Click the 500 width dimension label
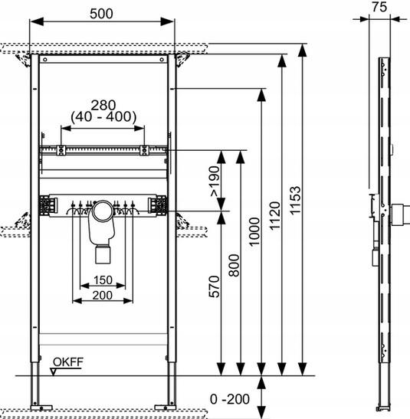pos(101,14)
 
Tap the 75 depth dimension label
pos(379,7)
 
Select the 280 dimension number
pos(103,105)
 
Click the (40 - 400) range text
pos(103,116)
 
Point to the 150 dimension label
pos(103,280)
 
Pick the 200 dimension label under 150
pos(103,295)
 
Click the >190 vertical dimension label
pos(215,182)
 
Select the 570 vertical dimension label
pos(214,286)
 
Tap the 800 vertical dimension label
pos(235,265)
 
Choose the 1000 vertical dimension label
pos(254,231)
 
